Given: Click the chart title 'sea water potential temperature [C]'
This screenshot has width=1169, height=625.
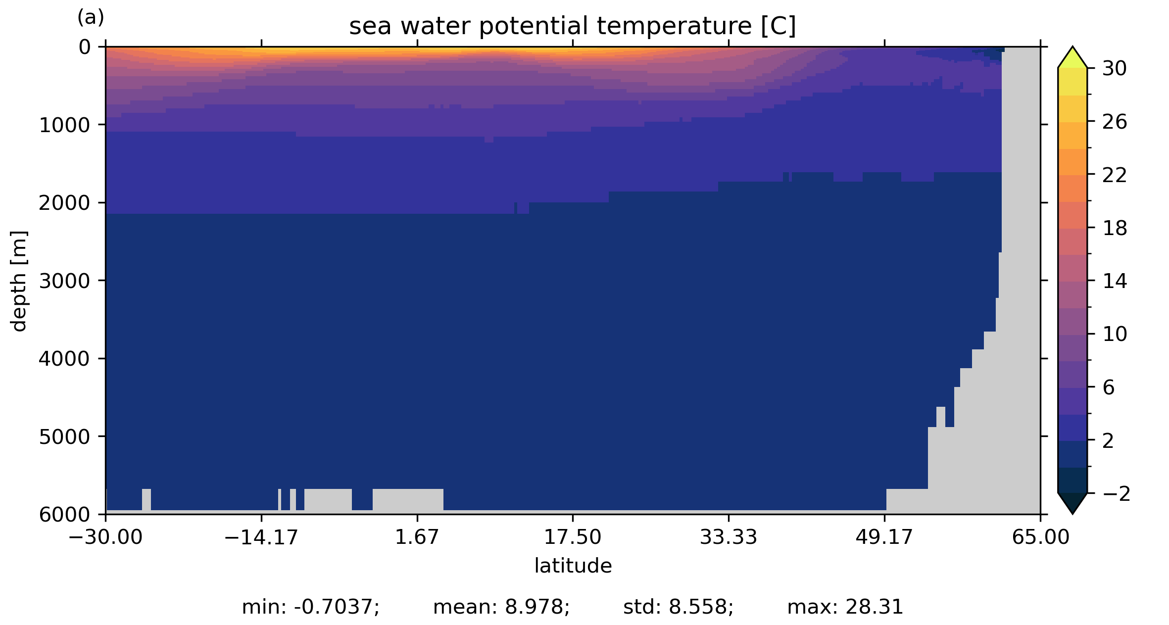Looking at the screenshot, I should [x=572, y=26].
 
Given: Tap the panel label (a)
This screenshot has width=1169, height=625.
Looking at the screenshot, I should [x=91, y=18].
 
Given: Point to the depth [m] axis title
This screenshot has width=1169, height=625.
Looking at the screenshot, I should [x=19, y=281].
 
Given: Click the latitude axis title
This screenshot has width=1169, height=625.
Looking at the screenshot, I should [x=573, y=566].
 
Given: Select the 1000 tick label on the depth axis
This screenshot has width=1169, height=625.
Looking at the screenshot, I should [x=64, y=126].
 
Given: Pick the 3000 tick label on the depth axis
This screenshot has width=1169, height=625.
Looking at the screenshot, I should [x=64, y=281].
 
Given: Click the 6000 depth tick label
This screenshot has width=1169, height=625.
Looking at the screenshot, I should [x=64, y=515].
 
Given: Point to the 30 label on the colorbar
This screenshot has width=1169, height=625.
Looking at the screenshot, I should [x=1115, y=69].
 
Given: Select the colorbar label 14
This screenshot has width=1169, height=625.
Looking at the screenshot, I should [x=1115, y=282].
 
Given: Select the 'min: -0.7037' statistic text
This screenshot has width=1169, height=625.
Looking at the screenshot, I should [x=310, y=607].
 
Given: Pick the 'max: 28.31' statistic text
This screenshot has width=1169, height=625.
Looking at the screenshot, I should [x=845, y=607].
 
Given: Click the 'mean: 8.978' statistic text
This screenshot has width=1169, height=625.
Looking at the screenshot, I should [x=501, y=607].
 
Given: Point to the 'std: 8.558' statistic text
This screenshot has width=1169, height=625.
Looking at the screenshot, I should [x=678, y=607].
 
